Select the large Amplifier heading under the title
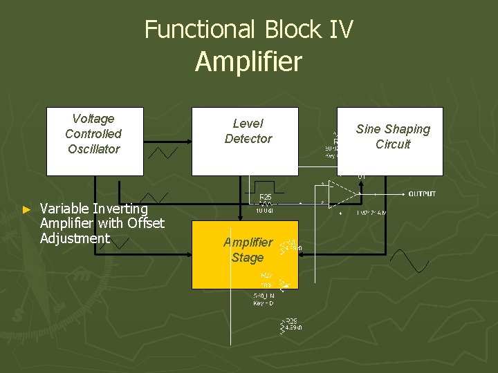(248, 61)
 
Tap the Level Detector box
(245, 141)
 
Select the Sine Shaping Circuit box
(390, 141)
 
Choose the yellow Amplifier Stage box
(245, 254)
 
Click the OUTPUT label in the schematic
(422, 194)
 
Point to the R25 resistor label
(265, 198)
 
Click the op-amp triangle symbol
(343, 195)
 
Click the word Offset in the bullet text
(146, 223)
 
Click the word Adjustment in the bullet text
(75, 238)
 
